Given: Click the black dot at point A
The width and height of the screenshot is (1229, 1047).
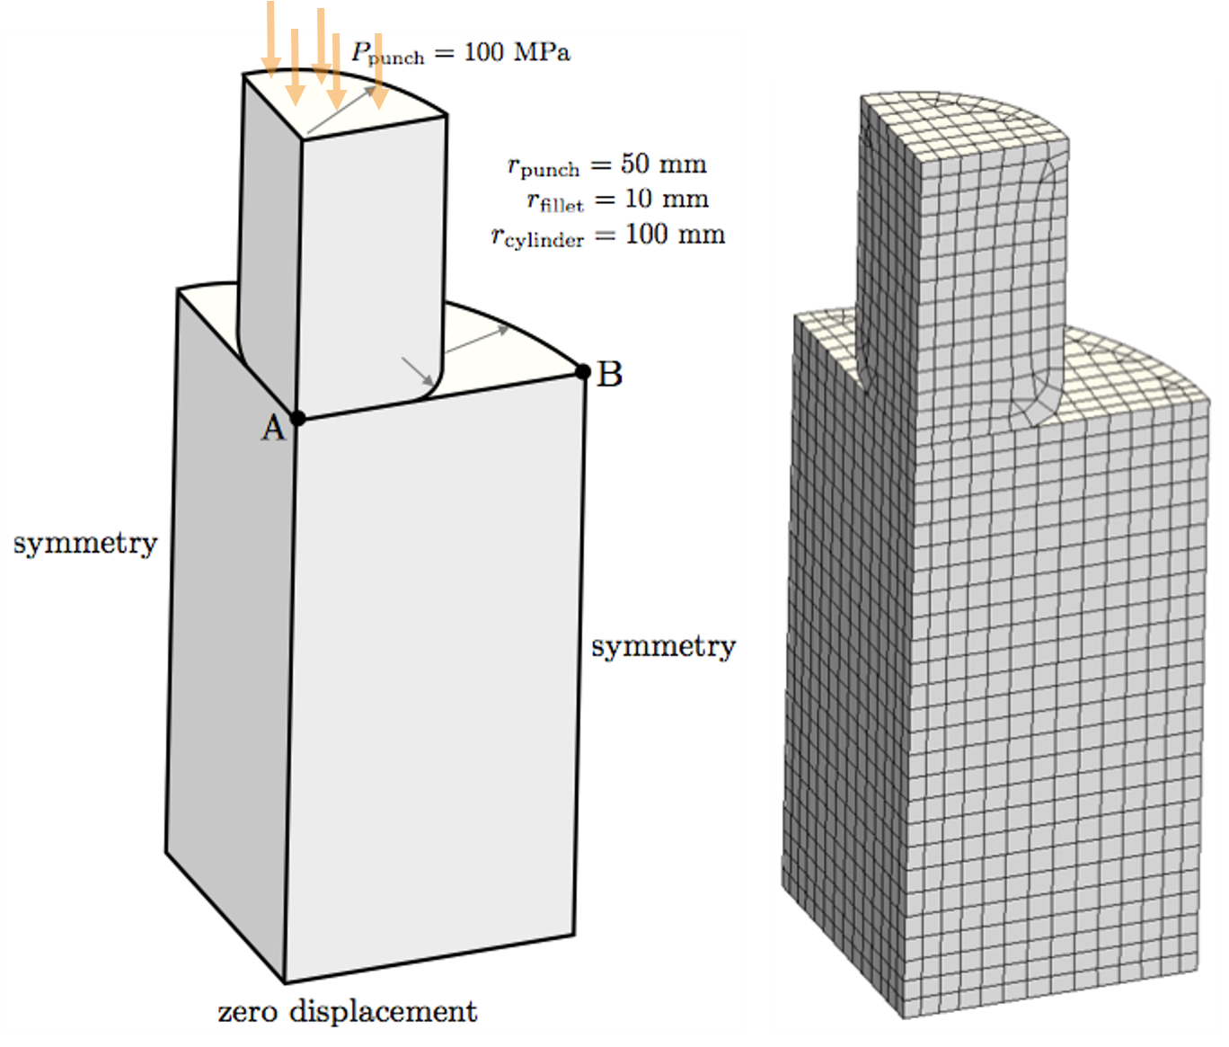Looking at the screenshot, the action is [x=298, y=419].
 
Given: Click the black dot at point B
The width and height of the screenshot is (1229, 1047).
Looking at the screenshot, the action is [x=583, y=372].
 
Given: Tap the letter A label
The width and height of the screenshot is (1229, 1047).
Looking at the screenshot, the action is [x=273, y=429].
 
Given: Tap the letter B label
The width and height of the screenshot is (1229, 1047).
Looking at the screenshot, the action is [x=609, y=375].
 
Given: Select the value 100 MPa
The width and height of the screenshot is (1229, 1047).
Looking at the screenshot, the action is [x=517, y=52].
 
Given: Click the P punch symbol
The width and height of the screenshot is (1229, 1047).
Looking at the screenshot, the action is [x=388, y=54].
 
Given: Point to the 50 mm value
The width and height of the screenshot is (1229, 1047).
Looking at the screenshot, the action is [x=664, y=164].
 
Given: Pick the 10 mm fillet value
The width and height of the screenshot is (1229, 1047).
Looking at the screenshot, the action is [x=667, y=199].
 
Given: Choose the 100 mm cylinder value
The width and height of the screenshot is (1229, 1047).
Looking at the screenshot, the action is [x=675, y=235].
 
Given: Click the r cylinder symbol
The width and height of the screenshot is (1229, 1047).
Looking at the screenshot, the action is [x=537, y=237].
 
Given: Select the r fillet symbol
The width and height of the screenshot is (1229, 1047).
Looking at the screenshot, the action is [x=555, y=201].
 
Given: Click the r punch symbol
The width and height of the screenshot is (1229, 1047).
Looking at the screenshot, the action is [x=544, y=166].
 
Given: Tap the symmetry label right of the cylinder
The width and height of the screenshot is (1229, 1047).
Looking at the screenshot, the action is [x=664, y=647].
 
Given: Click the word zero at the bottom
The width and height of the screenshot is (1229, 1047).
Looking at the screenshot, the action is [x=247, y=1013].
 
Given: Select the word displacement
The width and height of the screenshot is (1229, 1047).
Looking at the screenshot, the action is [x=384, y=1011].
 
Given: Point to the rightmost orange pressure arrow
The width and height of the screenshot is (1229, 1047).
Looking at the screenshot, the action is [x=379, y=71].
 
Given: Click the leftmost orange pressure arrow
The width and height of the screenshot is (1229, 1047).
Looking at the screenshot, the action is [x=270, y=40].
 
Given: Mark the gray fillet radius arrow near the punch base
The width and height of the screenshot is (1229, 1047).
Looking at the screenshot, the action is [x=418, y=371].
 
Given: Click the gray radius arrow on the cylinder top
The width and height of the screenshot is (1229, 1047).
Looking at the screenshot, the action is [x=477, y=339].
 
